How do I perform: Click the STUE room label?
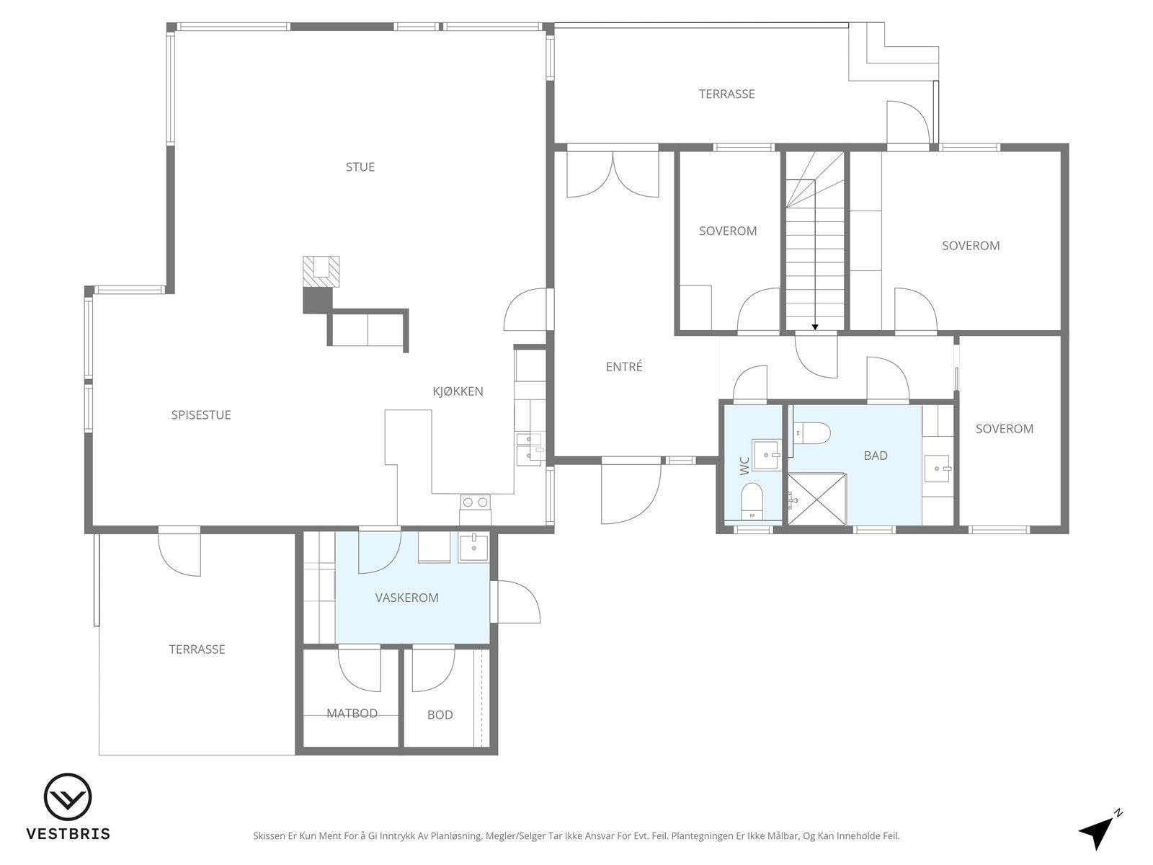coord(360,167)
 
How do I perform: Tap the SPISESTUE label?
coord(200,415)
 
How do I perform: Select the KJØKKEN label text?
coord(458,391)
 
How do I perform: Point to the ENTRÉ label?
coord(624,367)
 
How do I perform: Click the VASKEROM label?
coord(406,598)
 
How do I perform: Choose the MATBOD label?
coord(352,713)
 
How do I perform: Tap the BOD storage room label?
coord(440,715)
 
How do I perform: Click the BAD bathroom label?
coord(876,456)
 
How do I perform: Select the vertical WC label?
coord(744,466)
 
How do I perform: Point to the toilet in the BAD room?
coord(811,433)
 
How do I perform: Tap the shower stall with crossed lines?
coord(816,499)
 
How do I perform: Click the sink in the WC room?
coord(767,455)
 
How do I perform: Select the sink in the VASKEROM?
coord(473,547)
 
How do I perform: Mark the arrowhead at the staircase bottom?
coord(815,327)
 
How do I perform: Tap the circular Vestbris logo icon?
coord(68,797)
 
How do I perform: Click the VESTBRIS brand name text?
coord(68,834)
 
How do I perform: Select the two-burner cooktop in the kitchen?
coord(476,502)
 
